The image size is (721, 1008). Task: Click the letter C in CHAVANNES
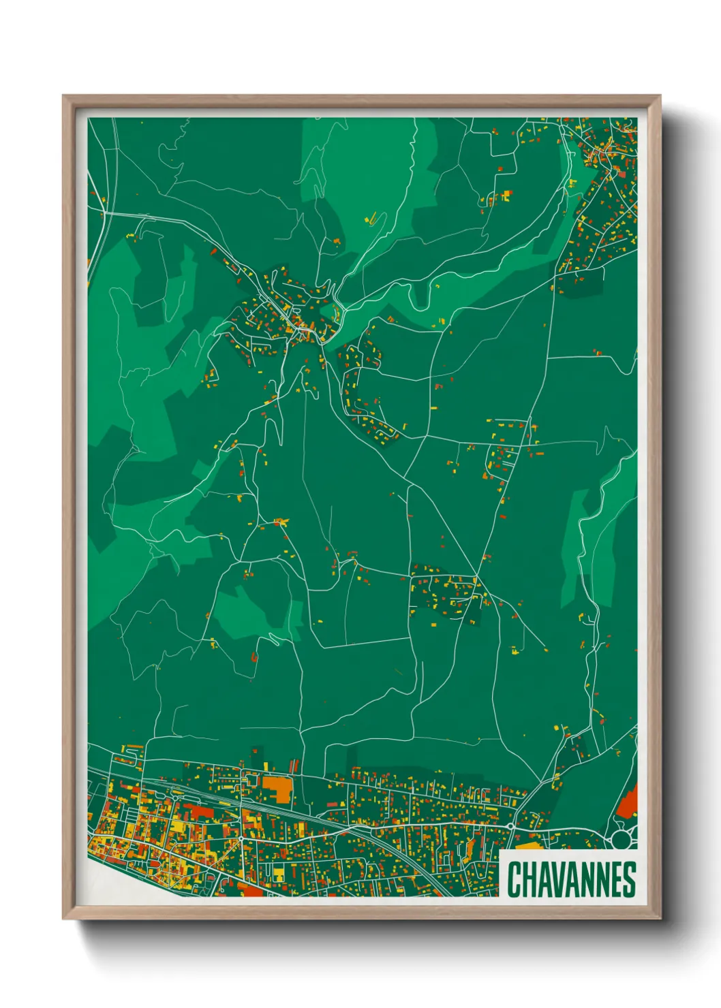(515, 879)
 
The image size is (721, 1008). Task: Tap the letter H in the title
(530, 879)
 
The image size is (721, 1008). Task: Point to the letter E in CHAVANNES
(614, 879)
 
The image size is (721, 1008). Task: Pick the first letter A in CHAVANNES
(545, 879)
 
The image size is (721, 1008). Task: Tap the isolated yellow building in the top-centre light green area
(373, 219)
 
